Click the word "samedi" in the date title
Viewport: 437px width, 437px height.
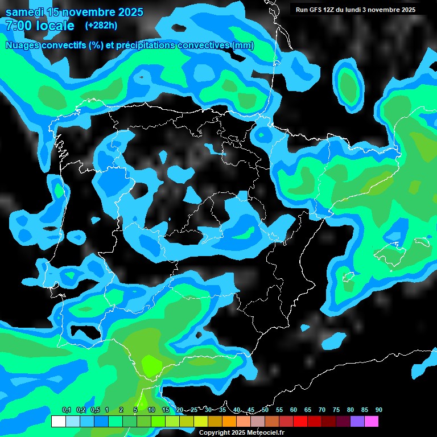(26, 12)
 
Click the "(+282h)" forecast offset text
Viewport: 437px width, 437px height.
(101, 25)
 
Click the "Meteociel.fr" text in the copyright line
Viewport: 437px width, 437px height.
(264, 433)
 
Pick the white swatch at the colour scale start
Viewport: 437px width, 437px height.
(58, 421)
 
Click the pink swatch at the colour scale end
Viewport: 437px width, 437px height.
(372, 421)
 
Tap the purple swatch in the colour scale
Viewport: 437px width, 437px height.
(357, 421)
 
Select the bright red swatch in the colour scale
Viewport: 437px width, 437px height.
(300, 421)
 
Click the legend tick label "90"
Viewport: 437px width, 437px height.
(378, 410)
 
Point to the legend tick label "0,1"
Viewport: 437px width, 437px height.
(67, 410)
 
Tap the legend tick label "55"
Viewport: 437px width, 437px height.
(279, 410)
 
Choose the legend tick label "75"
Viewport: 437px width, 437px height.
(336, 410)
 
